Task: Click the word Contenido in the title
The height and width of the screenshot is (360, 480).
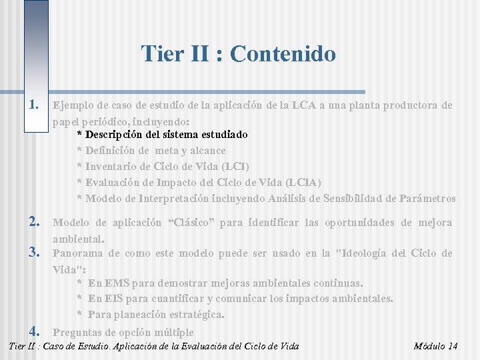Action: [x=283, y=53]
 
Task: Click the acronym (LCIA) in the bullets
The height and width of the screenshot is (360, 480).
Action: [x=303, y=183]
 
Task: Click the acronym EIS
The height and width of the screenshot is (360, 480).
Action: [x=114, y=299]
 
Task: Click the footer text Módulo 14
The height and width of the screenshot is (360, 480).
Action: [x=435, y=346]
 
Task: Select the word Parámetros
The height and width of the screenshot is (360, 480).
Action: [x=429, y=198]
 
